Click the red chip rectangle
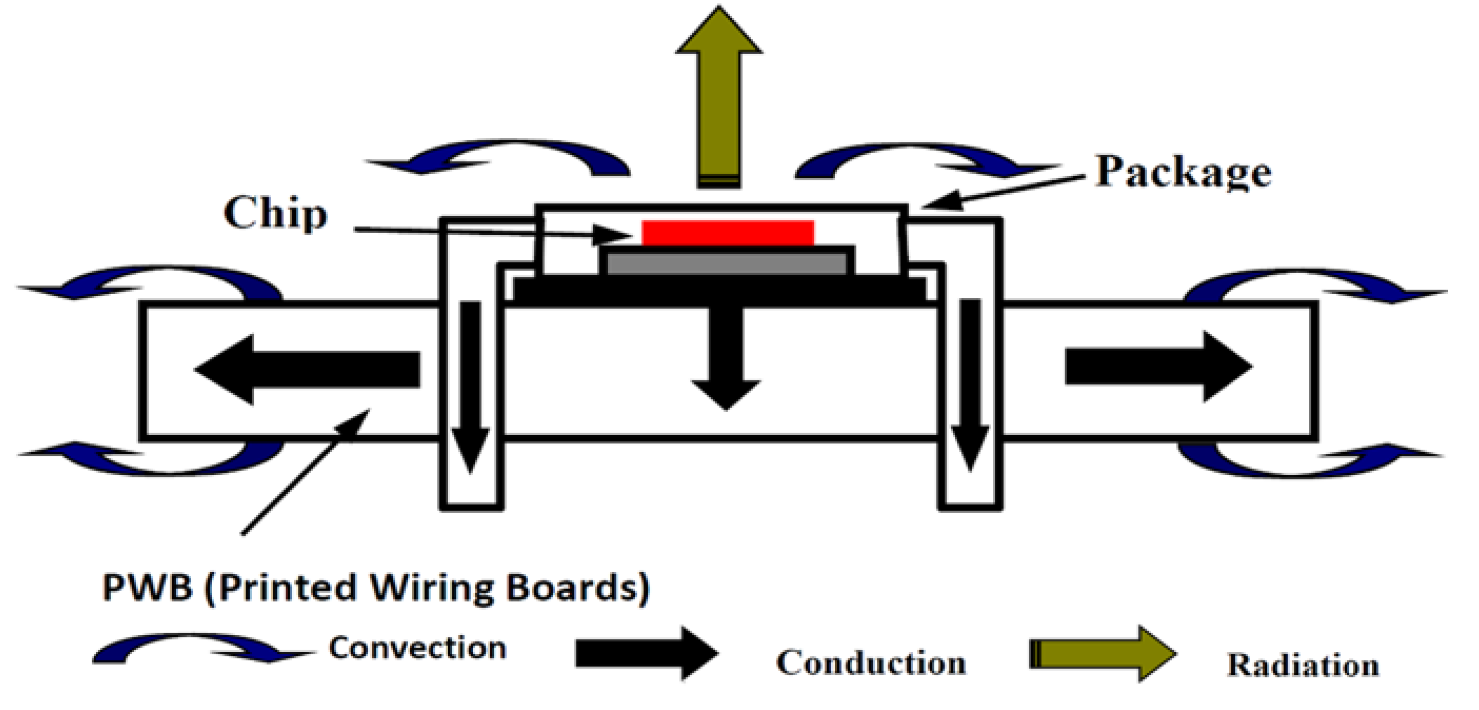[x=727, y=232]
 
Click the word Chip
[x=275, y=214]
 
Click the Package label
[x=1183, y=172]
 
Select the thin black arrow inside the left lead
[x=471, y=384]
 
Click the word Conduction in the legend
[x=871, y=663]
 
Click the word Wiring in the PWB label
[x=431, y=588]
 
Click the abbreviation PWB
[x=147, y=588]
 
